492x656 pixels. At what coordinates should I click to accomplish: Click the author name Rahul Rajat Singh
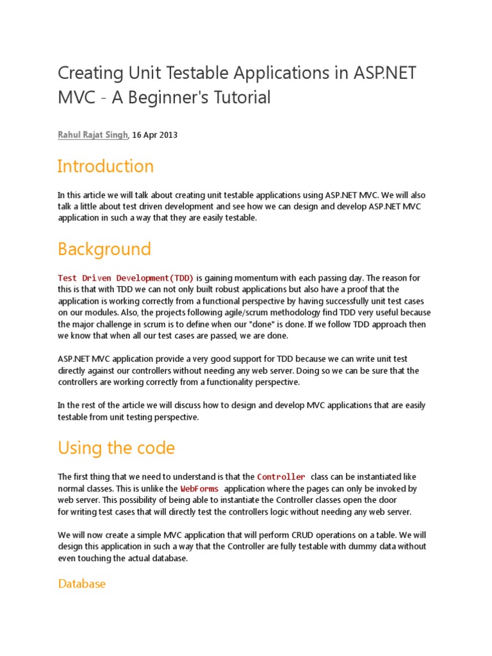click(93, 135)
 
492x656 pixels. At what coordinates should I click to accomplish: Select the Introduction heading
click(106, 167)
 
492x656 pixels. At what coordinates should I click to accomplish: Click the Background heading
click(104, 249)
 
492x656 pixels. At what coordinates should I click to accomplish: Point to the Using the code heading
click(116, 448)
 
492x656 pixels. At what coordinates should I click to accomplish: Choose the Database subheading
click(81, 584)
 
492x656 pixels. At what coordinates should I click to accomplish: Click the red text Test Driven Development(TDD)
click(126, 278)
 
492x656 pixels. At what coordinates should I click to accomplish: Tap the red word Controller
click(281, 477)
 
